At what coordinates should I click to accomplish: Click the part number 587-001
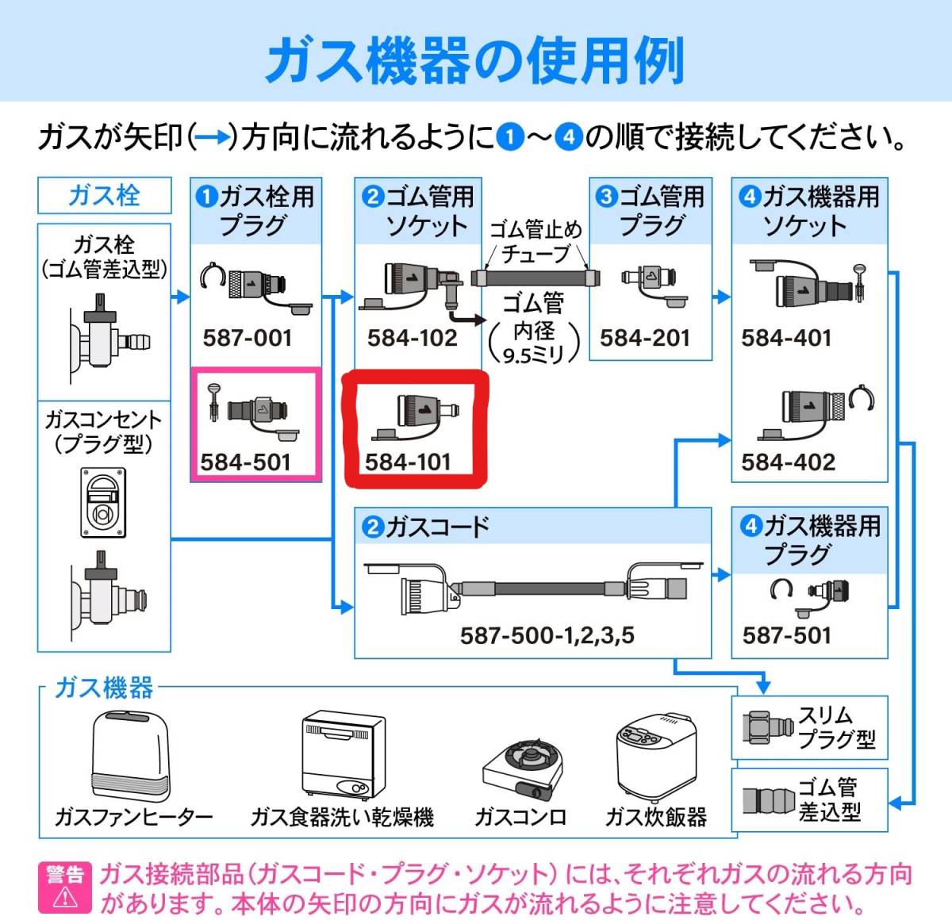pos(248,338)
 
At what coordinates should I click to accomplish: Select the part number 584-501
pos(246,462)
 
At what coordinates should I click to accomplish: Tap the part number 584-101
pos(408,462)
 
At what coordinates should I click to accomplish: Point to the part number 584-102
pos(412,338)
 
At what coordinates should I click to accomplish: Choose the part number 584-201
pos(645,338)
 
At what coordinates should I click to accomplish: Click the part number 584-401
pos(786,338)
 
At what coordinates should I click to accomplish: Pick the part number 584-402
pos(788,462)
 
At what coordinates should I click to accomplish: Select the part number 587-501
pos(786,635)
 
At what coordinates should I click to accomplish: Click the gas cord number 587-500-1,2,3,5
pos(547,635)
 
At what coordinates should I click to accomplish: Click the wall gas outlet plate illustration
pos(103,502)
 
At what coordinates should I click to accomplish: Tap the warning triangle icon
pos(65,898)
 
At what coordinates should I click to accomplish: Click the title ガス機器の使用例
pos(475,60)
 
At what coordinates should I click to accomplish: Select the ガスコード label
pos(437,527)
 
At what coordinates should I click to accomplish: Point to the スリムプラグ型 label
pos(835,727)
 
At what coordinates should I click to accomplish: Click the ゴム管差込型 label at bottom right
pos(828,799)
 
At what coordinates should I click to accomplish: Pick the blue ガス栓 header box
pos(104,195)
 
